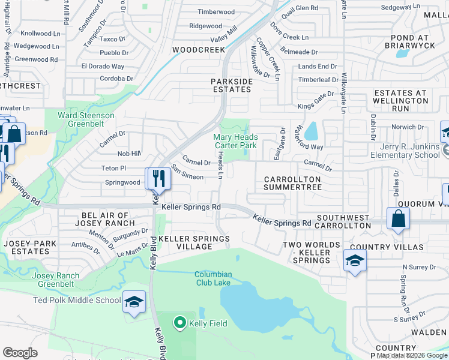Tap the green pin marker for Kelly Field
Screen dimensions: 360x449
coord(179,323)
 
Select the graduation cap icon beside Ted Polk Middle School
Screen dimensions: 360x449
coord(134,302)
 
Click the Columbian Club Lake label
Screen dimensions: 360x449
coord(213,279)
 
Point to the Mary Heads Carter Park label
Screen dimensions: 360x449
coord(235,141)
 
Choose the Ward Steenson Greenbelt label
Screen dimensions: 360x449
coord(86,119)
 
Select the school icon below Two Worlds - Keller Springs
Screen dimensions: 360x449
coord(355,261)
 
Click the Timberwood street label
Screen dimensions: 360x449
coord(216,12)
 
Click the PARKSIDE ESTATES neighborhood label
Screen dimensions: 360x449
coord(231,85)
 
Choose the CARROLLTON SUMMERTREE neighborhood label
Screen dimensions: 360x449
coord(292,183)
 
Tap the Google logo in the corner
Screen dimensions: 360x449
coord(20,352)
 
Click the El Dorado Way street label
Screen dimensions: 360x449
coord(103,66)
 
